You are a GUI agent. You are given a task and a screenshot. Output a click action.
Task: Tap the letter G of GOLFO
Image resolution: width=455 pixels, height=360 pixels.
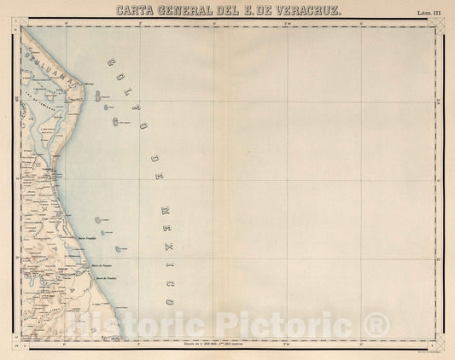[x=108, y=63]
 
